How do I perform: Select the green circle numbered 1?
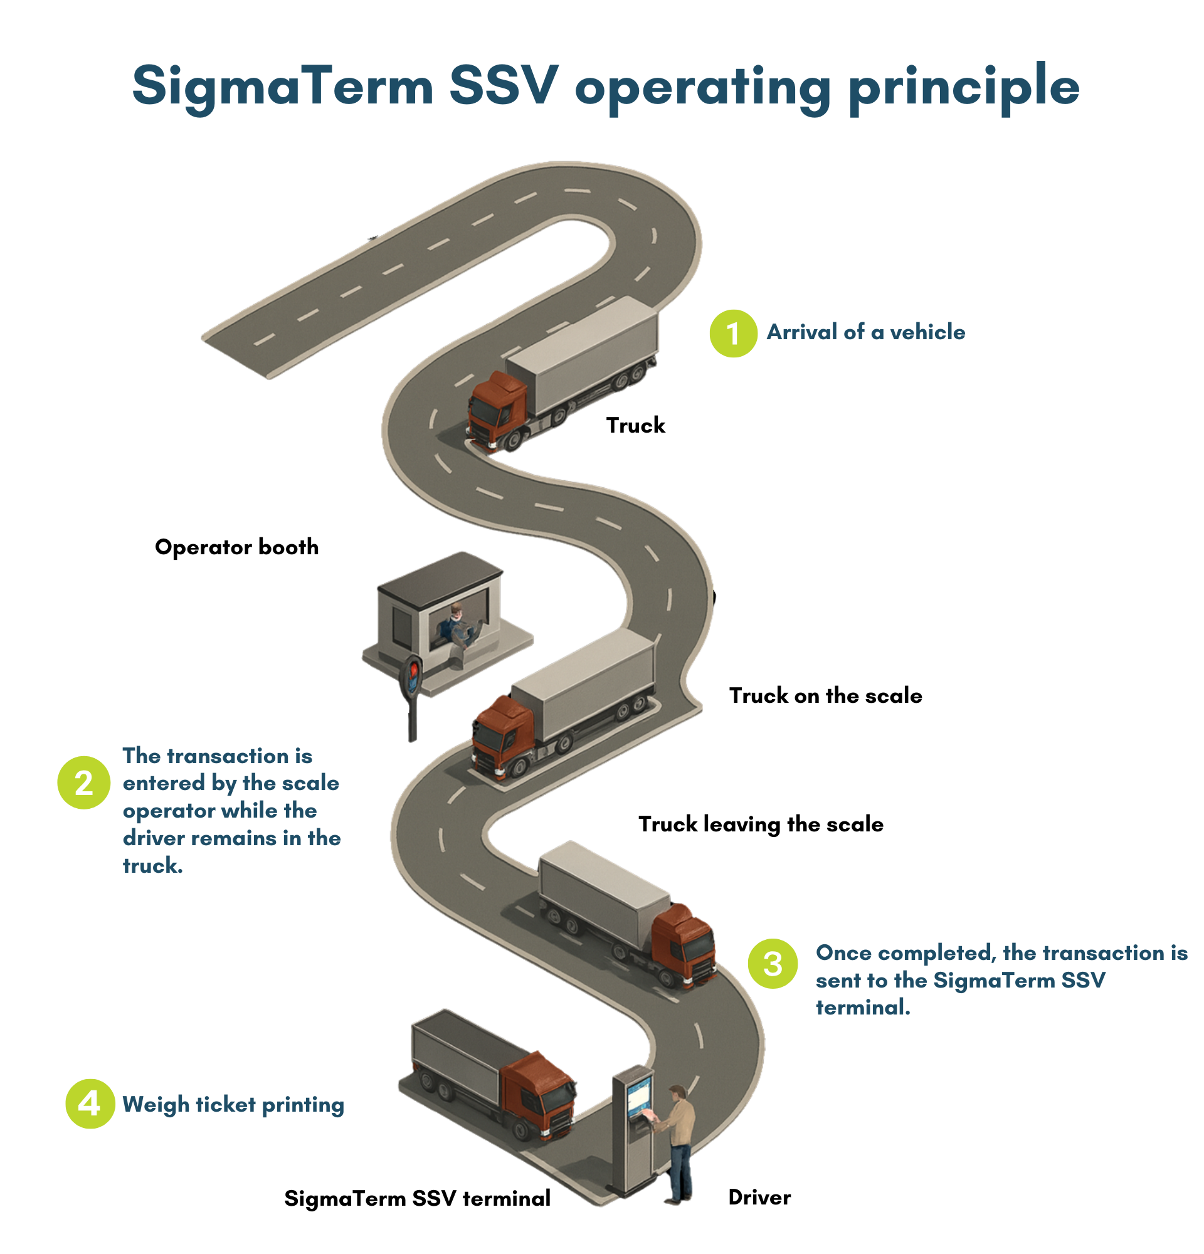[733, 334]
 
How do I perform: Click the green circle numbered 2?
[84, 782]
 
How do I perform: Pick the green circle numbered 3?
[772, 964]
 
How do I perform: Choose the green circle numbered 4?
[90, 1104]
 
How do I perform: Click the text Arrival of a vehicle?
[865, 332]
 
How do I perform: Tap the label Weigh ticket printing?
[233, 1104]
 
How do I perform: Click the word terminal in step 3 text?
[861, 1008]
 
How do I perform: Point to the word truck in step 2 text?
[152, 866]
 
